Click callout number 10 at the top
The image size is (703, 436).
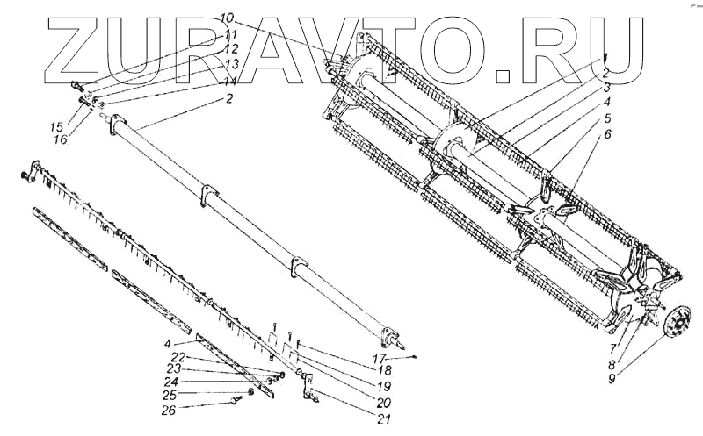point(227,18)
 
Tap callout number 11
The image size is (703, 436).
point(231,35)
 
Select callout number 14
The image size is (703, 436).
point(230,81)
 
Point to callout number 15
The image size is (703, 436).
point(58,126)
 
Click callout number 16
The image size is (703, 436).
point(60,139)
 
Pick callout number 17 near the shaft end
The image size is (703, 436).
point(380,358)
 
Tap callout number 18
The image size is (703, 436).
point(385,370)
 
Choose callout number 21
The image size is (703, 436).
point(384,418)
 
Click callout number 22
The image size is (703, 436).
point(179,357)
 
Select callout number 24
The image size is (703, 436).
point(170,382)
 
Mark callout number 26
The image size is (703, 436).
point(169,410)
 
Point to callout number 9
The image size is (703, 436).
point(612,379)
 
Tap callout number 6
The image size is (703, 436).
point(607,134)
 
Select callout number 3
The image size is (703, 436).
point(606,88)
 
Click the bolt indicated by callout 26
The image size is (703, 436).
point(236,400)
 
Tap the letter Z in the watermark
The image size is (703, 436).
point(73,50)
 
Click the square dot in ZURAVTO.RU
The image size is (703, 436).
point(504,76)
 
